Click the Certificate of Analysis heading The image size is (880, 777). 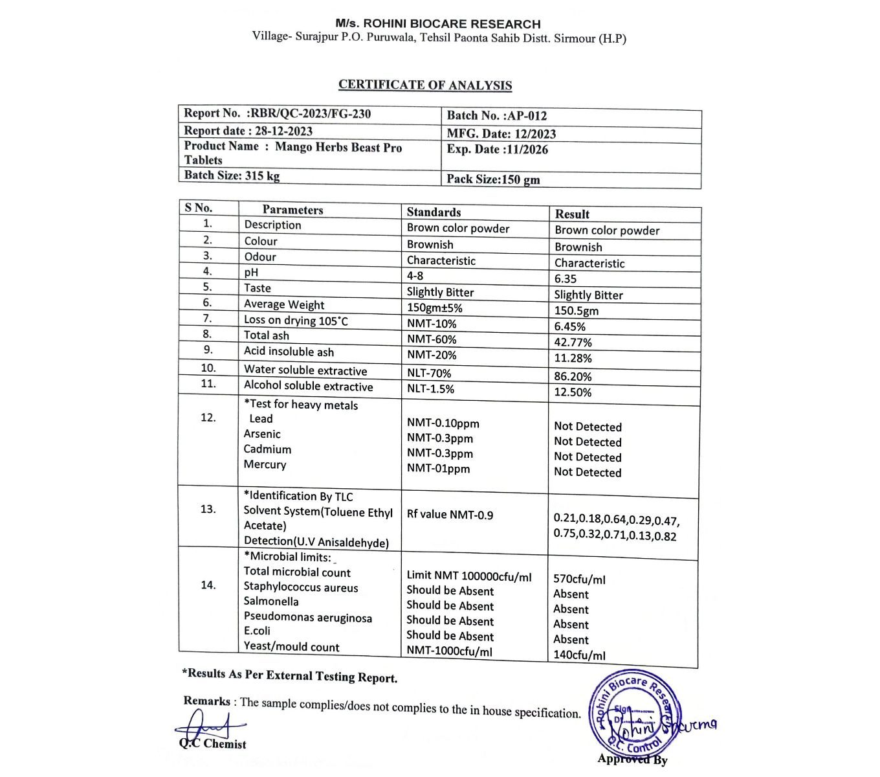425,85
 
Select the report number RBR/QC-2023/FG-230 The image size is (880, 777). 311,114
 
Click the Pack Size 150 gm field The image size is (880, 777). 493,179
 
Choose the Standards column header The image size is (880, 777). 434,212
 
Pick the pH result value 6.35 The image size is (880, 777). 565,279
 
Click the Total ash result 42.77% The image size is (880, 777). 573,343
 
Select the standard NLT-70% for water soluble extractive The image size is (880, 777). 428,373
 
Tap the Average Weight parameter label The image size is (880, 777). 284,304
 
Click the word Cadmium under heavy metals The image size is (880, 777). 267,449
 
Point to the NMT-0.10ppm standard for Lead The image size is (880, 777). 443,423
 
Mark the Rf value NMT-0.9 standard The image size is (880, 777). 450,515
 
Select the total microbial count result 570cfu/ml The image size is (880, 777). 579,580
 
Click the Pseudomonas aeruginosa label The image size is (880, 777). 307,618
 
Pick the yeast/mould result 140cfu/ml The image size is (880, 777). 579,655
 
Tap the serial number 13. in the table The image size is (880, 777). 208,509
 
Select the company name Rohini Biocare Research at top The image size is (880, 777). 438,24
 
